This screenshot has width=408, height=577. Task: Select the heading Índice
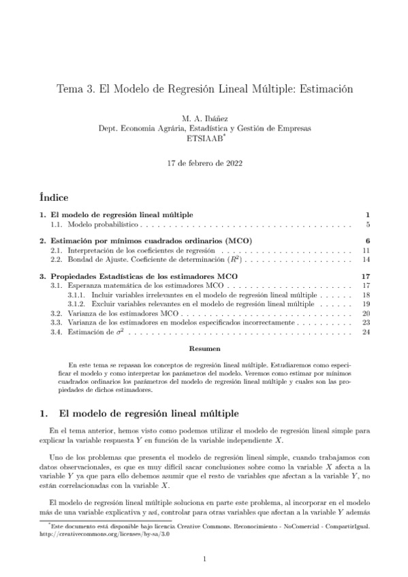54,198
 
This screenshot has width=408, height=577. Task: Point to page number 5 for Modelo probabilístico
367,224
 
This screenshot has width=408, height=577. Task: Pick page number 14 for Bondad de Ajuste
365,259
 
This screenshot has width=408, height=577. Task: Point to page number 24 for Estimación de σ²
365,332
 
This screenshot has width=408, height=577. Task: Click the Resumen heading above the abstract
204,348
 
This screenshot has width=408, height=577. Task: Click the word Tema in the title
67,88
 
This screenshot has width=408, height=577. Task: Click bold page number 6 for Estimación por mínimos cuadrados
367,241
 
